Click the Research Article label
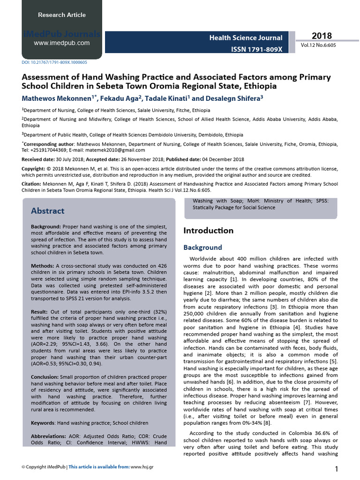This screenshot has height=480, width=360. click(62, 15)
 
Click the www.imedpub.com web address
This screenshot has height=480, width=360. click(62, 43)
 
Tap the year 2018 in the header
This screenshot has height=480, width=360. click(322, 36)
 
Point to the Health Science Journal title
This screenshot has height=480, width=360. click(246, 37)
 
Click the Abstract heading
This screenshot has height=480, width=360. click(48, 211)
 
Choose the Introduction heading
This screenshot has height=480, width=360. click(208, 231)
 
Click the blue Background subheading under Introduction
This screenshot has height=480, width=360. click(202, 247)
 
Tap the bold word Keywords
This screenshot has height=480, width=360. click(43, 423)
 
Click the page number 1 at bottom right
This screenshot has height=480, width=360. click(337, 469)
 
